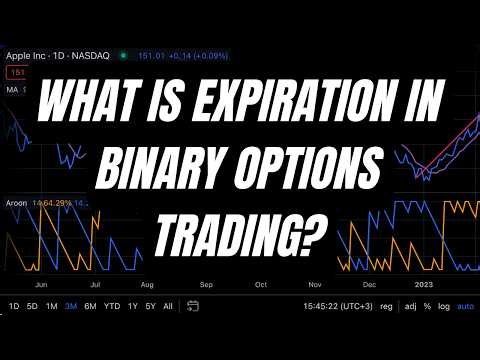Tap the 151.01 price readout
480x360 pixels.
pyautogui.click(x=146, y=55)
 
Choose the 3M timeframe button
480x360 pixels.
pyautogui.click(x=70, y=306)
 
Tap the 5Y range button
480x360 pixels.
pyautogui.click(x=149, y=306)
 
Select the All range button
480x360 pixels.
pyautogui.click(x=167, y=306)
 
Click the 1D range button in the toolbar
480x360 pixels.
pyautogui.click(x=13, y=306)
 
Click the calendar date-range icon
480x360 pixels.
pyautogui.click(x=190, y=306)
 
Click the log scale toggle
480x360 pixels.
pyautogui.click(x=443, y=306)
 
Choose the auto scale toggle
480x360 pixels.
pyautogui.click(x=465, y=306)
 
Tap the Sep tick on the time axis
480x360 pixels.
pyautogui.click(x=207, y=283)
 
